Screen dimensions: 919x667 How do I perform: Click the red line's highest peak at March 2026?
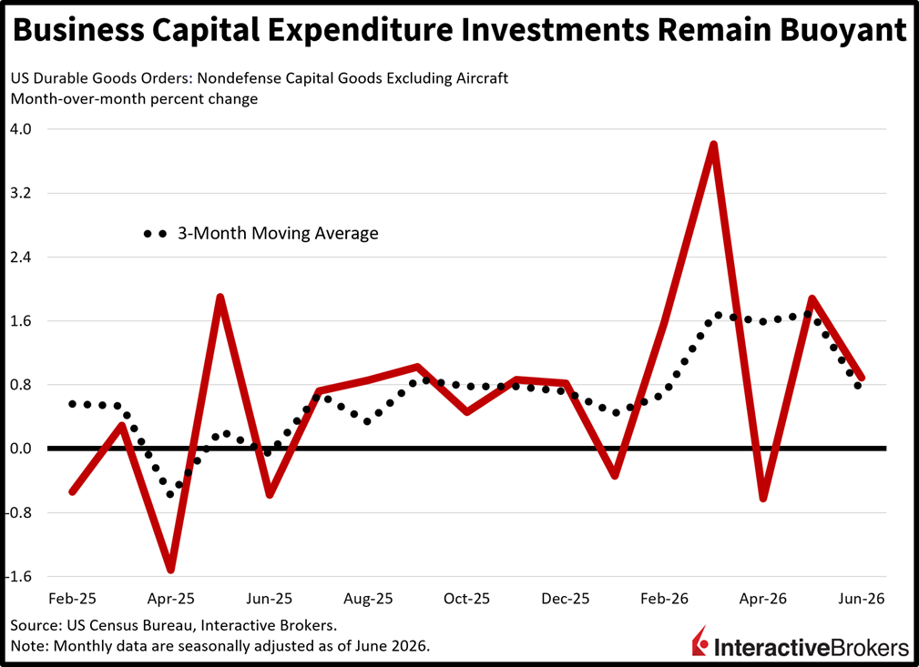tap(713, 145)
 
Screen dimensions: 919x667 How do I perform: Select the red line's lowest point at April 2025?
tap(170, 570)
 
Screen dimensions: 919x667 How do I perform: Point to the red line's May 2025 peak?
tap(220, 298)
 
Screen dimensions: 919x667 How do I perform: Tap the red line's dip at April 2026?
tap(763, 498)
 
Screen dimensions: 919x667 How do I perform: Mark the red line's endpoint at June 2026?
tap(861, 378)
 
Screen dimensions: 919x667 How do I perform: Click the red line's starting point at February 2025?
tap(72, 490)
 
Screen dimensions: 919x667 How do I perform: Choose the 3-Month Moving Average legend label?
tap(278, 233)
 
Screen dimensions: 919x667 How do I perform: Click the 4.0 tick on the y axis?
tap(21, 129)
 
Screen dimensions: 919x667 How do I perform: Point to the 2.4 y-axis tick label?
tap(21, 258)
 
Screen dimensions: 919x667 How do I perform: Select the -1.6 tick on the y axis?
tap(18, 577)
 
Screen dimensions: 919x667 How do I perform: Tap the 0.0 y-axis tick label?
tap(21, 450)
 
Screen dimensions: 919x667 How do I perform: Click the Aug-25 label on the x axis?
tap(368, 599)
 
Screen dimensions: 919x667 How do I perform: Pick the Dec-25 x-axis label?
tap(566, 599)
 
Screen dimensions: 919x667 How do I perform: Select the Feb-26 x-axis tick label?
tap(664, 599)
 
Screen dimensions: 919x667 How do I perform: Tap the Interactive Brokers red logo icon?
tap(699, 641)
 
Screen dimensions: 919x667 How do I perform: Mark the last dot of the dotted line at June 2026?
tap(857, 385)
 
